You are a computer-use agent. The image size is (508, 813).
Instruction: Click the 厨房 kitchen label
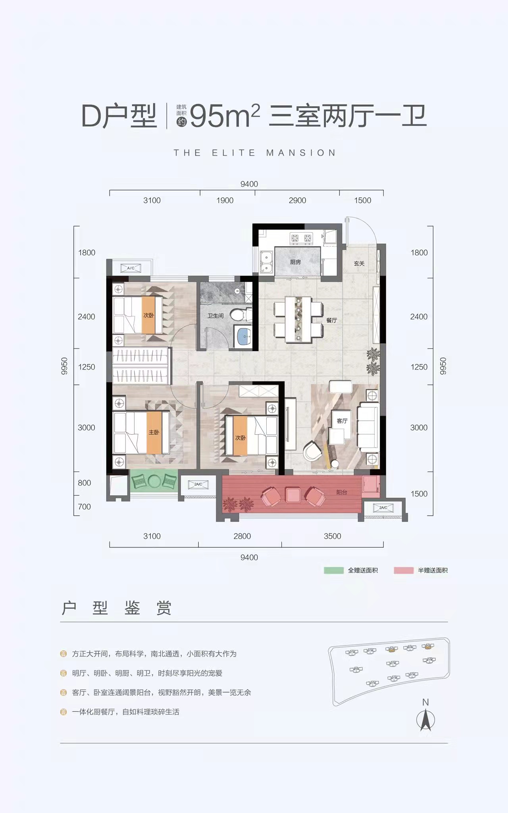coord(295,262)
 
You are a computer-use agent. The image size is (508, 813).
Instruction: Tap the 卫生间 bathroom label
coord(216,316)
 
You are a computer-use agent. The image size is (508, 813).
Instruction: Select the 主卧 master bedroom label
coord(154,432)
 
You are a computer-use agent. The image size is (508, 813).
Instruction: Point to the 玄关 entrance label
coord(359,263)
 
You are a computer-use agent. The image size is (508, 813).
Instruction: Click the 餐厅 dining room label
coord(332,320)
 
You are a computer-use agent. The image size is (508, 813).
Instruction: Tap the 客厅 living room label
coord(342,421)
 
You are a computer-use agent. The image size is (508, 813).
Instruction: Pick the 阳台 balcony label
coord(342,492)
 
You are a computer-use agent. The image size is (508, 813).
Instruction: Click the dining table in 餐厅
coord(298,319)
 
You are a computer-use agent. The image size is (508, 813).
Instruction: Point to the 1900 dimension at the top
coord(225,200)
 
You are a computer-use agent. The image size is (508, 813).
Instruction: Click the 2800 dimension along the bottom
coord(242,536)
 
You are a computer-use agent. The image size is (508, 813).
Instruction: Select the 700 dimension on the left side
coord(85,507)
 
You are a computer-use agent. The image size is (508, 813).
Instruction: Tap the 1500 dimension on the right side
coord(419,494)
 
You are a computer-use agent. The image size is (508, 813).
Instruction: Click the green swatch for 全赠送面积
coord(334,570)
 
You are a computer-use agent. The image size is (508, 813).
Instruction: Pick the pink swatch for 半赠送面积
coord(404,570)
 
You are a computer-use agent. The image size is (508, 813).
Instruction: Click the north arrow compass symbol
coord(425,719)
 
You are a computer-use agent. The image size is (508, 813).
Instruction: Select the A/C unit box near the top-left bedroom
coord(131,268)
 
